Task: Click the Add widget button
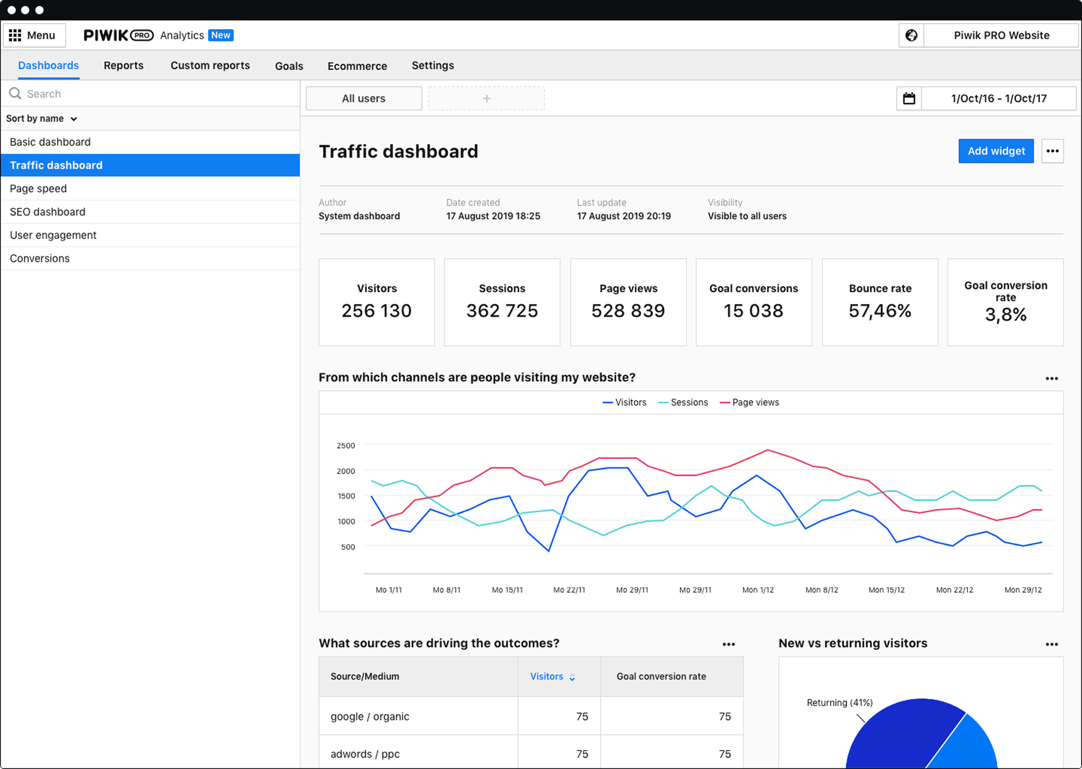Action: [x=996, y=151]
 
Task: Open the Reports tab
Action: [x=123, y=66]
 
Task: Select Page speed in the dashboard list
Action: [x=38, y=189]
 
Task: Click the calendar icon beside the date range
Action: [x=909, y=98]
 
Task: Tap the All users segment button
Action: [x=364, y=98]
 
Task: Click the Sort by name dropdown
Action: [x=41, y=119]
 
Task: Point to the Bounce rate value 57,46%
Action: [x=880, y=311]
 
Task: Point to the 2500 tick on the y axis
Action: [x=346, y=446]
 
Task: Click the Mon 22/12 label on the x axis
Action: [x=954, y=590]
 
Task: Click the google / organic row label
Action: [x=369, y=717]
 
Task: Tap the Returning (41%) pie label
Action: [x=839, y=703]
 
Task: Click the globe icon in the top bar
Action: [x=911, y=35]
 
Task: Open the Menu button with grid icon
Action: [x=33, y=35]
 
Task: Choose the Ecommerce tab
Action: [x=357, y=66]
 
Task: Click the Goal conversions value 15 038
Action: [x=753, y=311]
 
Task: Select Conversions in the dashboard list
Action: [x=40, y=258]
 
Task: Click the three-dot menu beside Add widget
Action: [x=1052, y=151]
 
